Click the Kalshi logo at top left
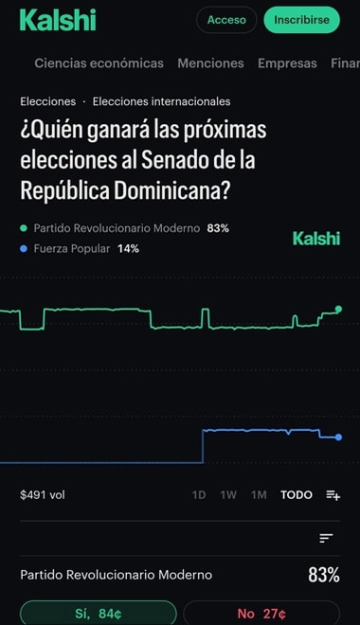coord(58,20)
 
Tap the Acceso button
coord(226,20)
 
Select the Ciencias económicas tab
coord(99,63)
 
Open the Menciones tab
coord(210,63)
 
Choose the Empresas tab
coord(287,63)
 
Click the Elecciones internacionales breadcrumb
coord(161,101)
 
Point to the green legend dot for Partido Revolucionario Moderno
coord(24,228)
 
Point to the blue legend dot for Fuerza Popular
coord(24,249)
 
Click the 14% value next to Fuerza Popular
coord(128,249)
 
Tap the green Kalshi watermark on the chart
coord(316,239)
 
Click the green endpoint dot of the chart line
coord(339,309)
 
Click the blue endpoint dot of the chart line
coord(339,437)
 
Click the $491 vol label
coord(43,494)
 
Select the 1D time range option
coord(199,494)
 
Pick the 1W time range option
coord(228,494)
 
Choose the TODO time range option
coord(297,494)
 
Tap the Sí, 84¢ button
coord(99,613)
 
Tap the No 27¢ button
coord(261,613)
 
